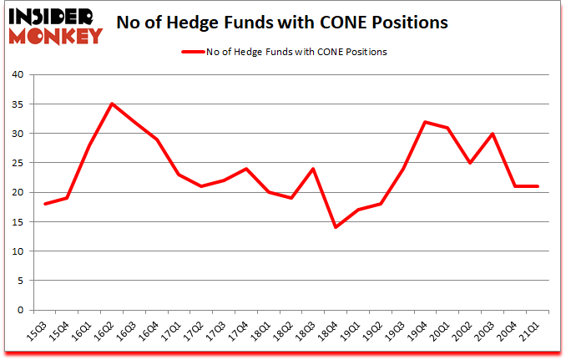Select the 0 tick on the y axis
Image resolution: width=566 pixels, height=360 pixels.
point(20,310)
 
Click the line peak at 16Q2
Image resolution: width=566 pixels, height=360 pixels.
point(112,104)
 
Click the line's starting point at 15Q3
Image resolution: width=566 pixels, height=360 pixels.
point(44,204)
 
